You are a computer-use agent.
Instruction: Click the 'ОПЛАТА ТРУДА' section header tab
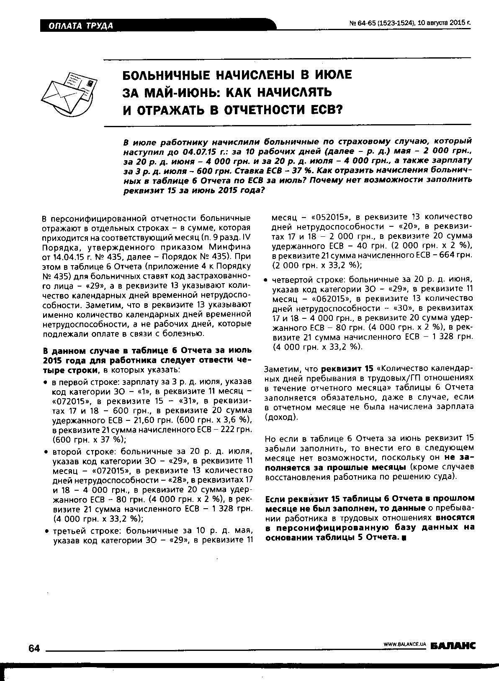(81, 26)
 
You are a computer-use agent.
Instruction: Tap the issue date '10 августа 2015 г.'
(445, 23)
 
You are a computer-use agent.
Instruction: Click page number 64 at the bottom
(33, 648)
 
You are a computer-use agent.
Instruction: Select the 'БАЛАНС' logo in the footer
(453, 646)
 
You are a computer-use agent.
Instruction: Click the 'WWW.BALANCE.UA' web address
(405, 645)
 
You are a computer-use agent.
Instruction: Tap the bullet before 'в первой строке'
(45, 382)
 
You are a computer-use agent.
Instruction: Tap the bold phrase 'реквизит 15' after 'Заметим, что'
(347, 369)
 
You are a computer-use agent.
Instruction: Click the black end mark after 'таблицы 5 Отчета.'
(404, 538)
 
